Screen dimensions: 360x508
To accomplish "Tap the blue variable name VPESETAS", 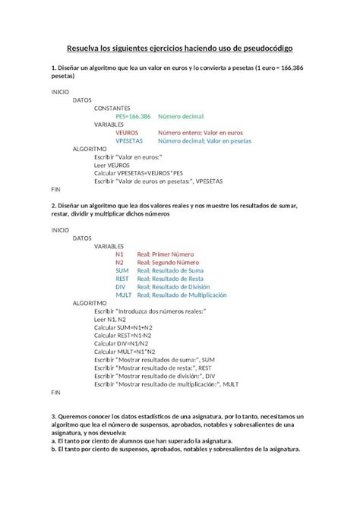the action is tap(131, 141).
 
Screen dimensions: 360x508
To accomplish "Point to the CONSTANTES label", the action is tap(112, 108).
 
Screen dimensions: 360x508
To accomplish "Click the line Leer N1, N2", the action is tap(110, 319).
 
